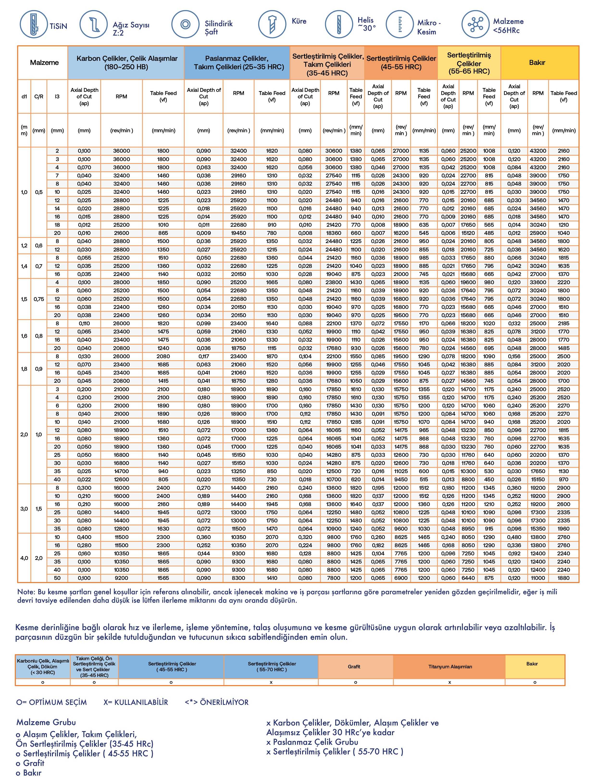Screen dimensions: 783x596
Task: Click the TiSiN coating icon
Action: [x=33, y=24]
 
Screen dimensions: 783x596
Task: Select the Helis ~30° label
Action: [x=366, y=24]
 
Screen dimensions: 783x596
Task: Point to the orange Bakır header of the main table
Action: [x=537, y=63]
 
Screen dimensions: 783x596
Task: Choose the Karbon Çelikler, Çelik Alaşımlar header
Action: [x=127, y=63]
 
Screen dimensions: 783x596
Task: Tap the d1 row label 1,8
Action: [x=24, y=369]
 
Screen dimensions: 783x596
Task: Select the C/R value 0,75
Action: [x=39, y=299]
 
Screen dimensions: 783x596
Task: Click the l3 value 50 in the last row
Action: [x=57, y=578]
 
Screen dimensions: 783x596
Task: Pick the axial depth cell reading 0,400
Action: [x=84, y=537]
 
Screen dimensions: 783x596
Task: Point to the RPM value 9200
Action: [x=121, y=578]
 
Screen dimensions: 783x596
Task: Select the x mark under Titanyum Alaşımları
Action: [x=449, y=682]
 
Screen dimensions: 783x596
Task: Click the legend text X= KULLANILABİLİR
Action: [x=136, y=702]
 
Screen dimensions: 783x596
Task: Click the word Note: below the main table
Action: [x=26, y=592]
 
